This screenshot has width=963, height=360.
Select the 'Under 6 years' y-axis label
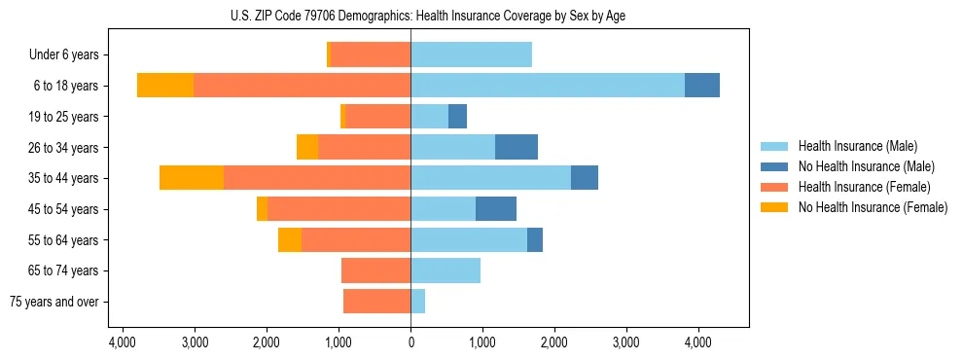[x=69, y=54]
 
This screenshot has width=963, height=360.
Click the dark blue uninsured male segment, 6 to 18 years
[x=702, y=86]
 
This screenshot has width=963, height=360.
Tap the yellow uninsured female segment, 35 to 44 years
[x=192, y=178]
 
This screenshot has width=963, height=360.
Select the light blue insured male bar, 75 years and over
[x=418, y=302]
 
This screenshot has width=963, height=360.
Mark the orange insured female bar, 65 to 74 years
[x=375, y=270]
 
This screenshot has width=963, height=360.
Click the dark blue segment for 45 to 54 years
[x=496, y=209]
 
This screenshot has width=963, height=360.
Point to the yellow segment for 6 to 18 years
[x=165, y=86]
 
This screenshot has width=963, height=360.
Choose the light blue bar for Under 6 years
[x=471, y=54]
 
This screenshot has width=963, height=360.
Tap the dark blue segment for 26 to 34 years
[x=517, y=147]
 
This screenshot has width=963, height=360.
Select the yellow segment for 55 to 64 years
[x=290, y=239]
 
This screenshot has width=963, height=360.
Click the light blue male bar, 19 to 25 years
[x=429, y=117]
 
